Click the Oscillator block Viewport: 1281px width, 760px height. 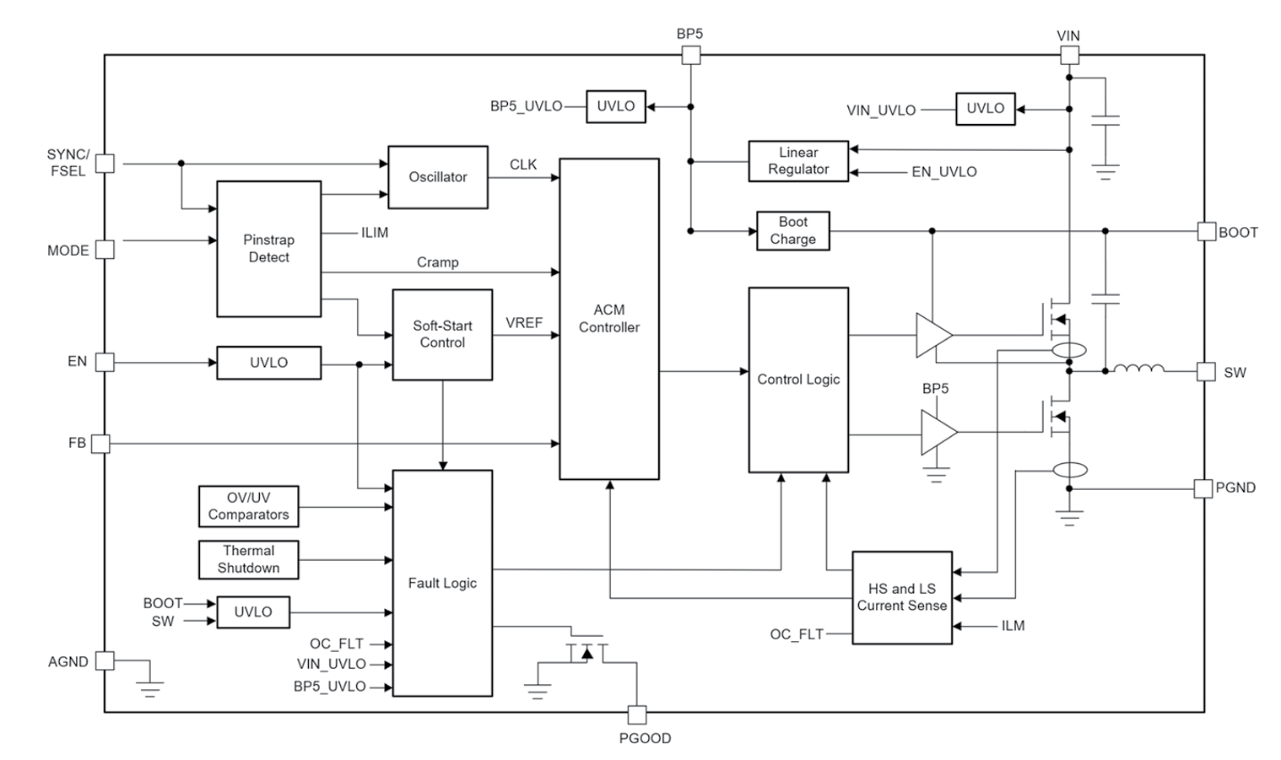click(437, 177)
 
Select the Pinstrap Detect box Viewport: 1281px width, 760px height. click(268, 249)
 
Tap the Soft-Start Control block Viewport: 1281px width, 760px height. click(442, 335)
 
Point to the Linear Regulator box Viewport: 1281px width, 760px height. click(797, 161)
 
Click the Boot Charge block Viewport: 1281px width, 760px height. click(792, 231)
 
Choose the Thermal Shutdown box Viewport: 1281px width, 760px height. click(248, 560)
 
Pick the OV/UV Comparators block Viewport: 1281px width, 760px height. click(248, 506)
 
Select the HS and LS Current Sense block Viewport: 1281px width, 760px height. click(901, 597)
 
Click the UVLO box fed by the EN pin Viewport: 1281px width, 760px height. click(268, 363)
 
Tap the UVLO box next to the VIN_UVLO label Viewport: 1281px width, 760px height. click(985, 109)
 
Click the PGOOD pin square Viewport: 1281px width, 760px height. click(637, 715)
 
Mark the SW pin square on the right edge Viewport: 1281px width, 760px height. click(1206, 372)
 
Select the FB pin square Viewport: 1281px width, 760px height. click(100, 444)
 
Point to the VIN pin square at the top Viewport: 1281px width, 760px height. click(1068, 56)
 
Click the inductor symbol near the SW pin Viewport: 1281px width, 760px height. click(1138, 369)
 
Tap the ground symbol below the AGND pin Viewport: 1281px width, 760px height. click(150, 687)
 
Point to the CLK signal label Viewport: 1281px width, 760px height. click(523, 164)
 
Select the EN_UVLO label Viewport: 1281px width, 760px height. click(943, 172)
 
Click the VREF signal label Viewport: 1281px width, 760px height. click(523, 323)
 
